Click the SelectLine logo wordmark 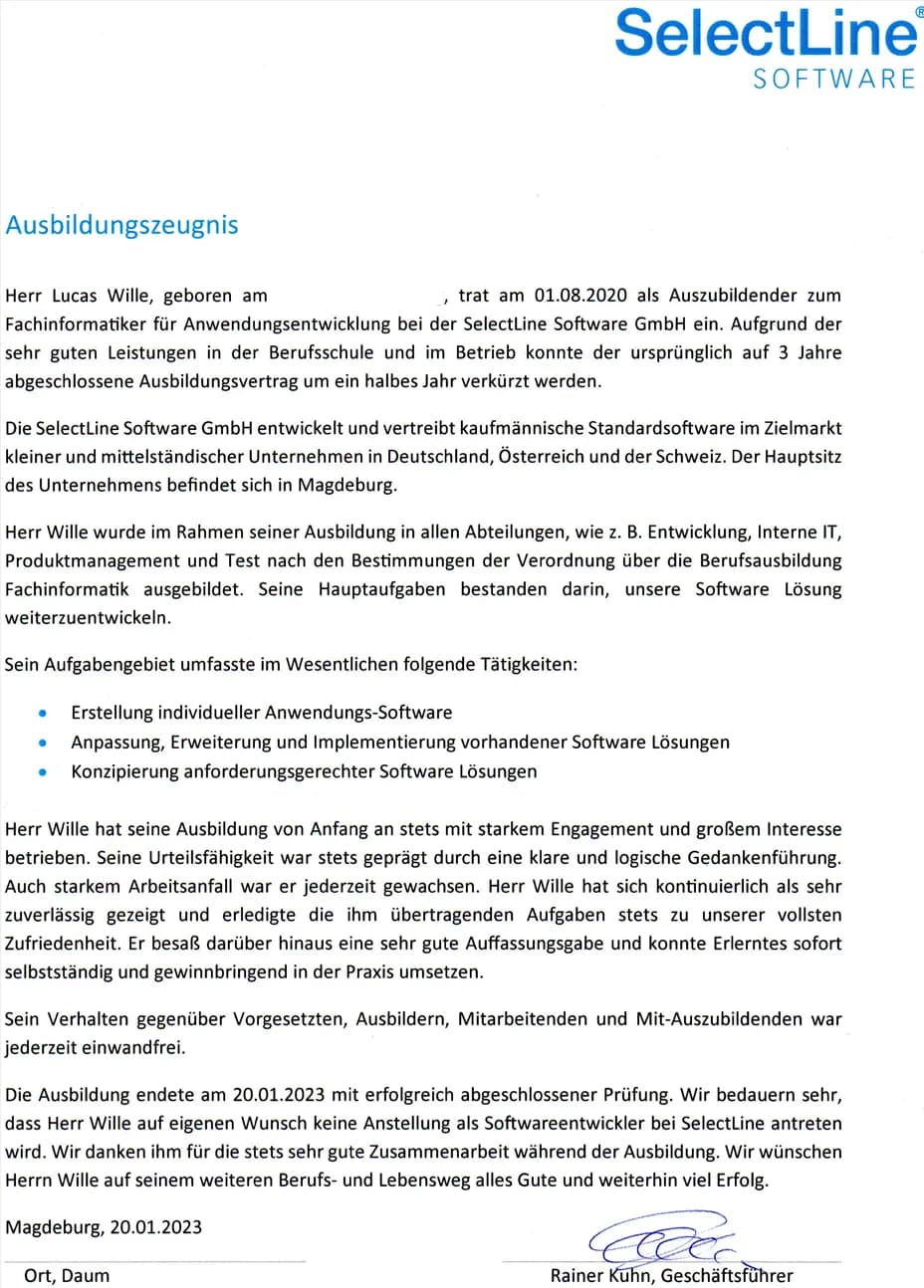click(765, 32)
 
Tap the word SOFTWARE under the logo click(833, 79)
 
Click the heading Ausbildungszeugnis click(121, 225)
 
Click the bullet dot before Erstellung click(41, 714)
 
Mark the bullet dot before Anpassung click(41, 743)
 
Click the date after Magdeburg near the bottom click(156, 1227)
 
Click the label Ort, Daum click(67, 1276)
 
